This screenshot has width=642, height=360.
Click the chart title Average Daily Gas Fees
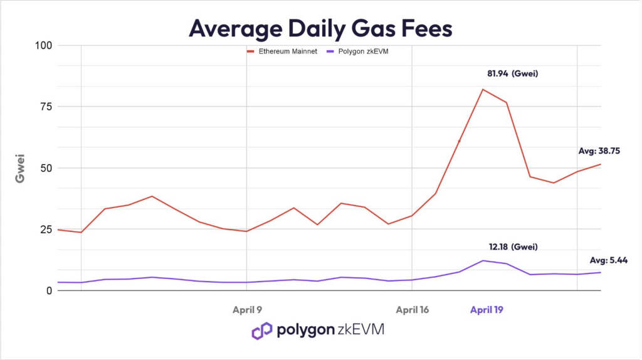pos(320,28)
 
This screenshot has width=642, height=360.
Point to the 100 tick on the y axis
pos(43,45)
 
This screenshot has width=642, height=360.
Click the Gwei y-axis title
pos(21,168)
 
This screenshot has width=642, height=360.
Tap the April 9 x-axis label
pos(246,309)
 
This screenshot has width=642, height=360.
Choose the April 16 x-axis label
pos(411,309)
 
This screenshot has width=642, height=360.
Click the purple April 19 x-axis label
pos(487,309)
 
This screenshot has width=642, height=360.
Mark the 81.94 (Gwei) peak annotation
pos(513,74)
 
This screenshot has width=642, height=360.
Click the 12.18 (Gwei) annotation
pos(513,246)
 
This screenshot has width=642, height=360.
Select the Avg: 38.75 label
pos(599,151)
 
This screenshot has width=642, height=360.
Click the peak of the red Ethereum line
pos(483,89)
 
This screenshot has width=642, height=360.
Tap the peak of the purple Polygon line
pos(483,260)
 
